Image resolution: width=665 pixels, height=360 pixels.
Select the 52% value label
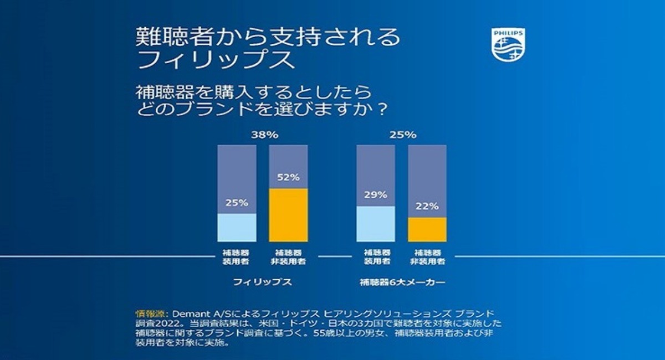[x=288, y=178]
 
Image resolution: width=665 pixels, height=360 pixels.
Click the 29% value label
[x=376, y=196]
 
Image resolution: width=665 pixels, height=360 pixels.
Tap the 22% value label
[x=427, y=206]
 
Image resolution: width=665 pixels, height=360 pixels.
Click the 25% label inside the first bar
[x=237, y=203]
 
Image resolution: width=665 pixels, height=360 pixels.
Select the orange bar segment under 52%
[x=288, y=215]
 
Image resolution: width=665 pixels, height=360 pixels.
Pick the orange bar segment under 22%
[x=427, y=229]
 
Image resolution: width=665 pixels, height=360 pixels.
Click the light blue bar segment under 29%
[x=376, y=224]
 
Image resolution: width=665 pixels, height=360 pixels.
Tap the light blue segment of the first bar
[x=237, y=227]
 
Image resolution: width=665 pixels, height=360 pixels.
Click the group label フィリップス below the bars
[x=262, y=282]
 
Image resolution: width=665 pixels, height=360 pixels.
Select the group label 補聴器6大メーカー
[x=402, y=282]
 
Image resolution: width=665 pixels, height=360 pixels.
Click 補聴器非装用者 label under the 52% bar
[x=288, y=256]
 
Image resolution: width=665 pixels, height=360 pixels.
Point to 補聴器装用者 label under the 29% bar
[x=376, y=256]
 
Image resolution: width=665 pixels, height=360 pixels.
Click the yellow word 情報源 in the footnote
[x=148, y=312]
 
